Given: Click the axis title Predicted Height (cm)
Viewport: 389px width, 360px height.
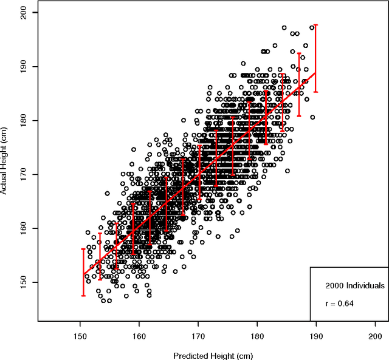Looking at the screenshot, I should [x=213, y=356].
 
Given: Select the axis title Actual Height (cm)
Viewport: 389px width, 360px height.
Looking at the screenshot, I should [x=5, y=163].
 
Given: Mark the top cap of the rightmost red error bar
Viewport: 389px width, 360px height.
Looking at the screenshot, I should [x=316, y=25].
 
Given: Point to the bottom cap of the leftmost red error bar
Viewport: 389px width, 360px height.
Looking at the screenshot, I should [x=83, y=296].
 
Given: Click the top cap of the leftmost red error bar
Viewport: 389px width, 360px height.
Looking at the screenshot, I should [x=83, y=249].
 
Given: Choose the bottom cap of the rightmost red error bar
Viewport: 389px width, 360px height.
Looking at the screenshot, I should [x=316, y=92].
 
